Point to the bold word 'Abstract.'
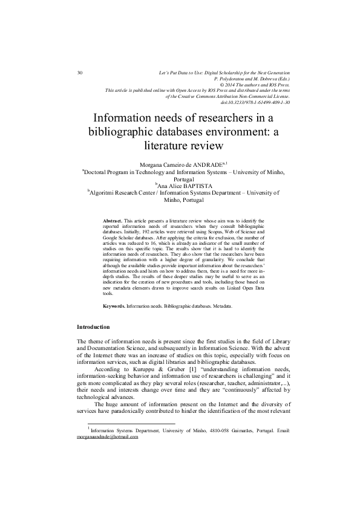point(113,222)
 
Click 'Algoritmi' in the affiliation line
point(104,194)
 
